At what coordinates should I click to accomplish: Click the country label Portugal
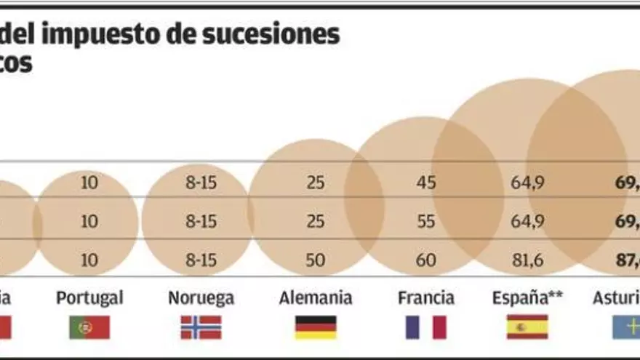[89, 297]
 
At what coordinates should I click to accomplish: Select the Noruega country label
[201, 297]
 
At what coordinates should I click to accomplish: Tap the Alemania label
[316, 297]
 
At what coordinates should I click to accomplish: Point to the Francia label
[426, 297]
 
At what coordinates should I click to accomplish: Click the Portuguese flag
[89, 327]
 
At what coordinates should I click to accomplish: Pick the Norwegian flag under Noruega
[201, 327]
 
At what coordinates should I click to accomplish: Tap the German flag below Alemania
[316, 327]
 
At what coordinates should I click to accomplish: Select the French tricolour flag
[426, 327]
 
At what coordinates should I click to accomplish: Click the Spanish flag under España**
[527, 327]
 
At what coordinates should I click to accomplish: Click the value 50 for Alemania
[316, 260]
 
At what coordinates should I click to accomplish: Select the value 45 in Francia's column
[426, 183]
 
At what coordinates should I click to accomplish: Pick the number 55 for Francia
[426, 221]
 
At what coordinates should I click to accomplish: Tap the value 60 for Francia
[426, 260]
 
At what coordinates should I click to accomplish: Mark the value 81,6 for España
[527, 260]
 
